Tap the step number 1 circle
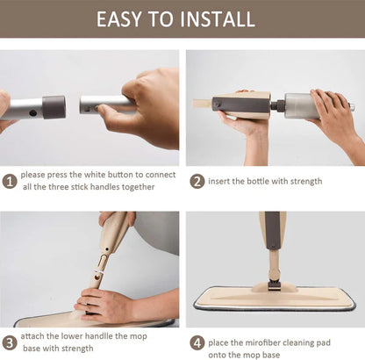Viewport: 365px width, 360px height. click(10, 181)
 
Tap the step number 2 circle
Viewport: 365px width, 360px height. click(197, 181)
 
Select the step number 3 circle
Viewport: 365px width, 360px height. click(10, 342)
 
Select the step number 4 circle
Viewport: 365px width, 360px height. click(197, 342)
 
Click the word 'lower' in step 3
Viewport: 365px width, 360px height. click(80, 335)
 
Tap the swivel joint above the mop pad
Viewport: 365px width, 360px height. click(273, 282)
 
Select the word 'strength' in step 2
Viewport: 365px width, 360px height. click(304, 181)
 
